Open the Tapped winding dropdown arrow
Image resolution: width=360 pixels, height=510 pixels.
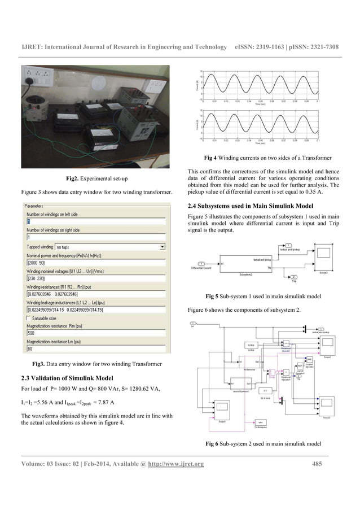(x=161, y=247)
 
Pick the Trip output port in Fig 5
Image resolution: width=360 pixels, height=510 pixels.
(x=294, y=277)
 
